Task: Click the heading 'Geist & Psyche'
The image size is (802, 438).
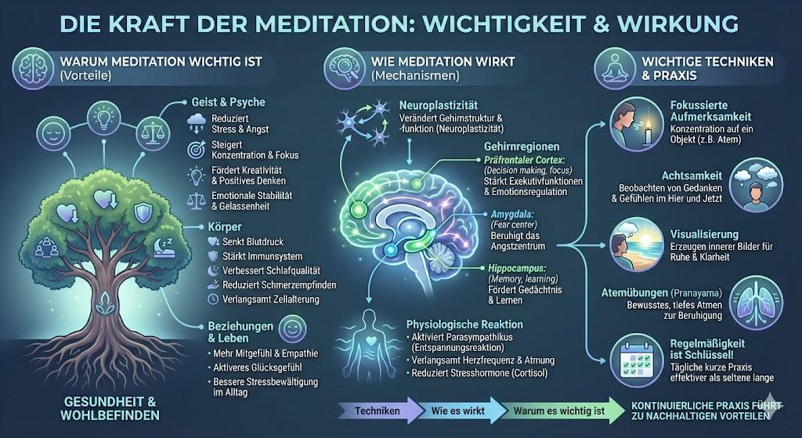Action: [228, 102]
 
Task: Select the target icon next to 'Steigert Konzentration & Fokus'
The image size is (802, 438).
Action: [197, 148]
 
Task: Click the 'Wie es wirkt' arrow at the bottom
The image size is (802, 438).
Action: [457, 410]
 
